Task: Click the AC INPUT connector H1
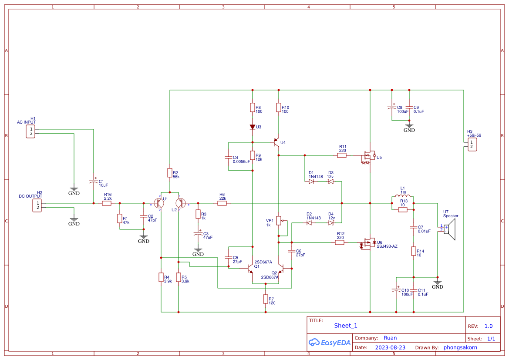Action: (x=30, y=131)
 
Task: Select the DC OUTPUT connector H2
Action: (x=38, y=205)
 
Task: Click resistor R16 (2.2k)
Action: (x=107, y=203)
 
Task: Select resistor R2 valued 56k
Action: (x=169, y=173)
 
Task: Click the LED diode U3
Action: (x=252, y=127)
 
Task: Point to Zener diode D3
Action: (x=330, y=182)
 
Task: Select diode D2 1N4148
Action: (x=309, y=223)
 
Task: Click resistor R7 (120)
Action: (x=265, y=299)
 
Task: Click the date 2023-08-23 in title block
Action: (x=390, y=347)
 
